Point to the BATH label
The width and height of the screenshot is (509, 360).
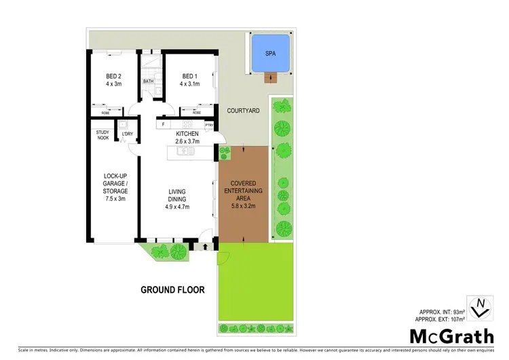(148, 82)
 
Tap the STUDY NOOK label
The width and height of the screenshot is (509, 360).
(102, 135)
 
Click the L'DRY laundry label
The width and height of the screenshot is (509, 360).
(128, 134)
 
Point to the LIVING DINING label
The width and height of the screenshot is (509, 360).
(177, 199)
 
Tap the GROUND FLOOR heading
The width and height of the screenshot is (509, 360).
(172, 289)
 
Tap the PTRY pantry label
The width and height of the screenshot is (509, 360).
(208, 125)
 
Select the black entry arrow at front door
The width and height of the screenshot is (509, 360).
(205, 247)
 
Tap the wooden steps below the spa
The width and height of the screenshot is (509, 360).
(273, 76)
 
